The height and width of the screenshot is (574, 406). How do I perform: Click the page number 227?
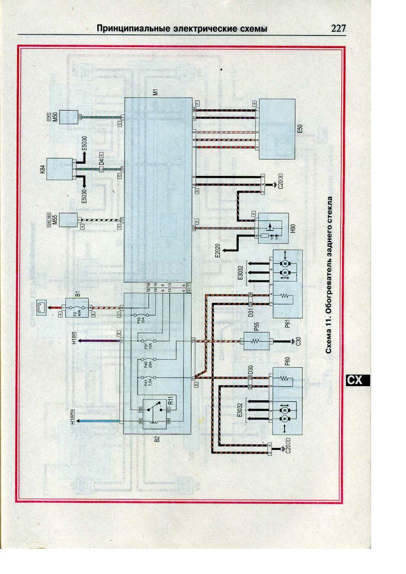338,28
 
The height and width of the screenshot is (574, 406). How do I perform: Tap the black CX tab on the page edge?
356,380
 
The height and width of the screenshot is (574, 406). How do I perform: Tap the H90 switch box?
273,228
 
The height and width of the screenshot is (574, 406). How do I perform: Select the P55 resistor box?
255,340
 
